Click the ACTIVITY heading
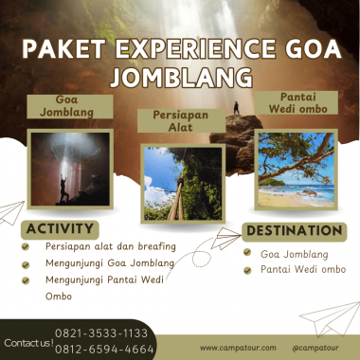pyautogui.click(x=60, y=229)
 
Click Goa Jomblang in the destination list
pyautogui.click(x=295, y=253)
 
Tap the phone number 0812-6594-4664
pyautogui.click(x=104, y=349)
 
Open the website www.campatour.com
pyautogui.click(x=238, y=348)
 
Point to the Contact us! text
pyautogui.click(x=27, y=342)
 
